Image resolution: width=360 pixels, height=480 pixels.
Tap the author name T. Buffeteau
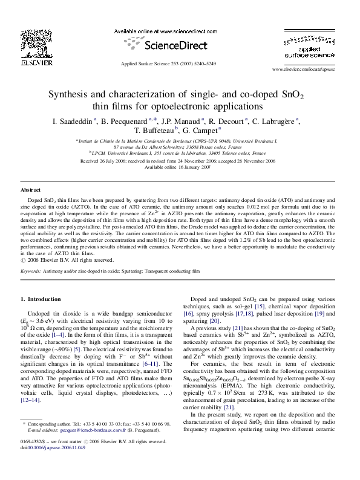[154, 130]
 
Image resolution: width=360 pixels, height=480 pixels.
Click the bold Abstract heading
[31, 190]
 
